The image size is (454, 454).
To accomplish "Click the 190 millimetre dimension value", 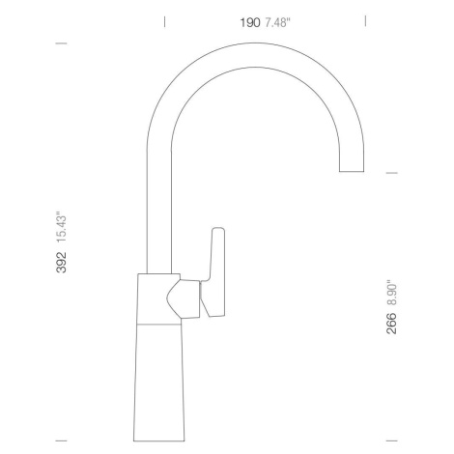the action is click(250, 23).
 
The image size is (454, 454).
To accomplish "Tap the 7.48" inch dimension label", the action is click(277, 23).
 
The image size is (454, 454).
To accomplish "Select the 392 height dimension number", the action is click(61, 263).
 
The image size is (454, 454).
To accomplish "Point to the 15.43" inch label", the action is click(61, 227).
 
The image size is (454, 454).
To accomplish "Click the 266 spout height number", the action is click(391, 324).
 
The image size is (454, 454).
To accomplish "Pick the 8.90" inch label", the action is click(391, 295).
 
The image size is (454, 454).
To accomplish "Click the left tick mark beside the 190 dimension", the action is click(165, 22).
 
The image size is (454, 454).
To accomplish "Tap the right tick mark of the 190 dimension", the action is click(365, 21).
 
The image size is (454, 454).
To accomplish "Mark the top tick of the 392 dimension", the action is click(61, 43).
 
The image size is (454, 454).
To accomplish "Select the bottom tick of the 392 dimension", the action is click(61, 440).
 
